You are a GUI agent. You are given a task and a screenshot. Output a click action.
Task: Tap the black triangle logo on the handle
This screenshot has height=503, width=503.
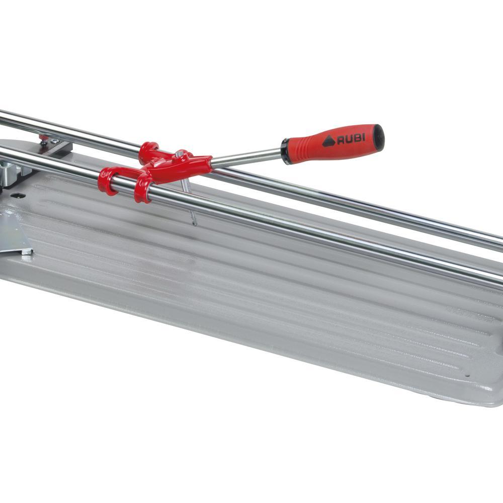[329, 141]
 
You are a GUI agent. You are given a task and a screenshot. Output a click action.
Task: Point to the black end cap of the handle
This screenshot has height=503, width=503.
[379, 135]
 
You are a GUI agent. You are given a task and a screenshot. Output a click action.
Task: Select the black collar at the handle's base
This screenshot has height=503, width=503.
[287, 151]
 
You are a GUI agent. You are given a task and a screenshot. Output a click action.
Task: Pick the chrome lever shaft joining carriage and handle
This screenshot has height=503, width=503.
[246, 157]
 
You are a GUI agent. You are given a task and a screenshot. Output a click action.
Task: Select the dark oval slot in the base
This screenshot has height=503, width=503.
[16, 195]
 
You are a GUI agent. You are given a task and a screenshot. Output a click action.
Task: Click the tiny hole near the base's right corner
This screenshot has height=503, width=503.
[467, 375]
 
